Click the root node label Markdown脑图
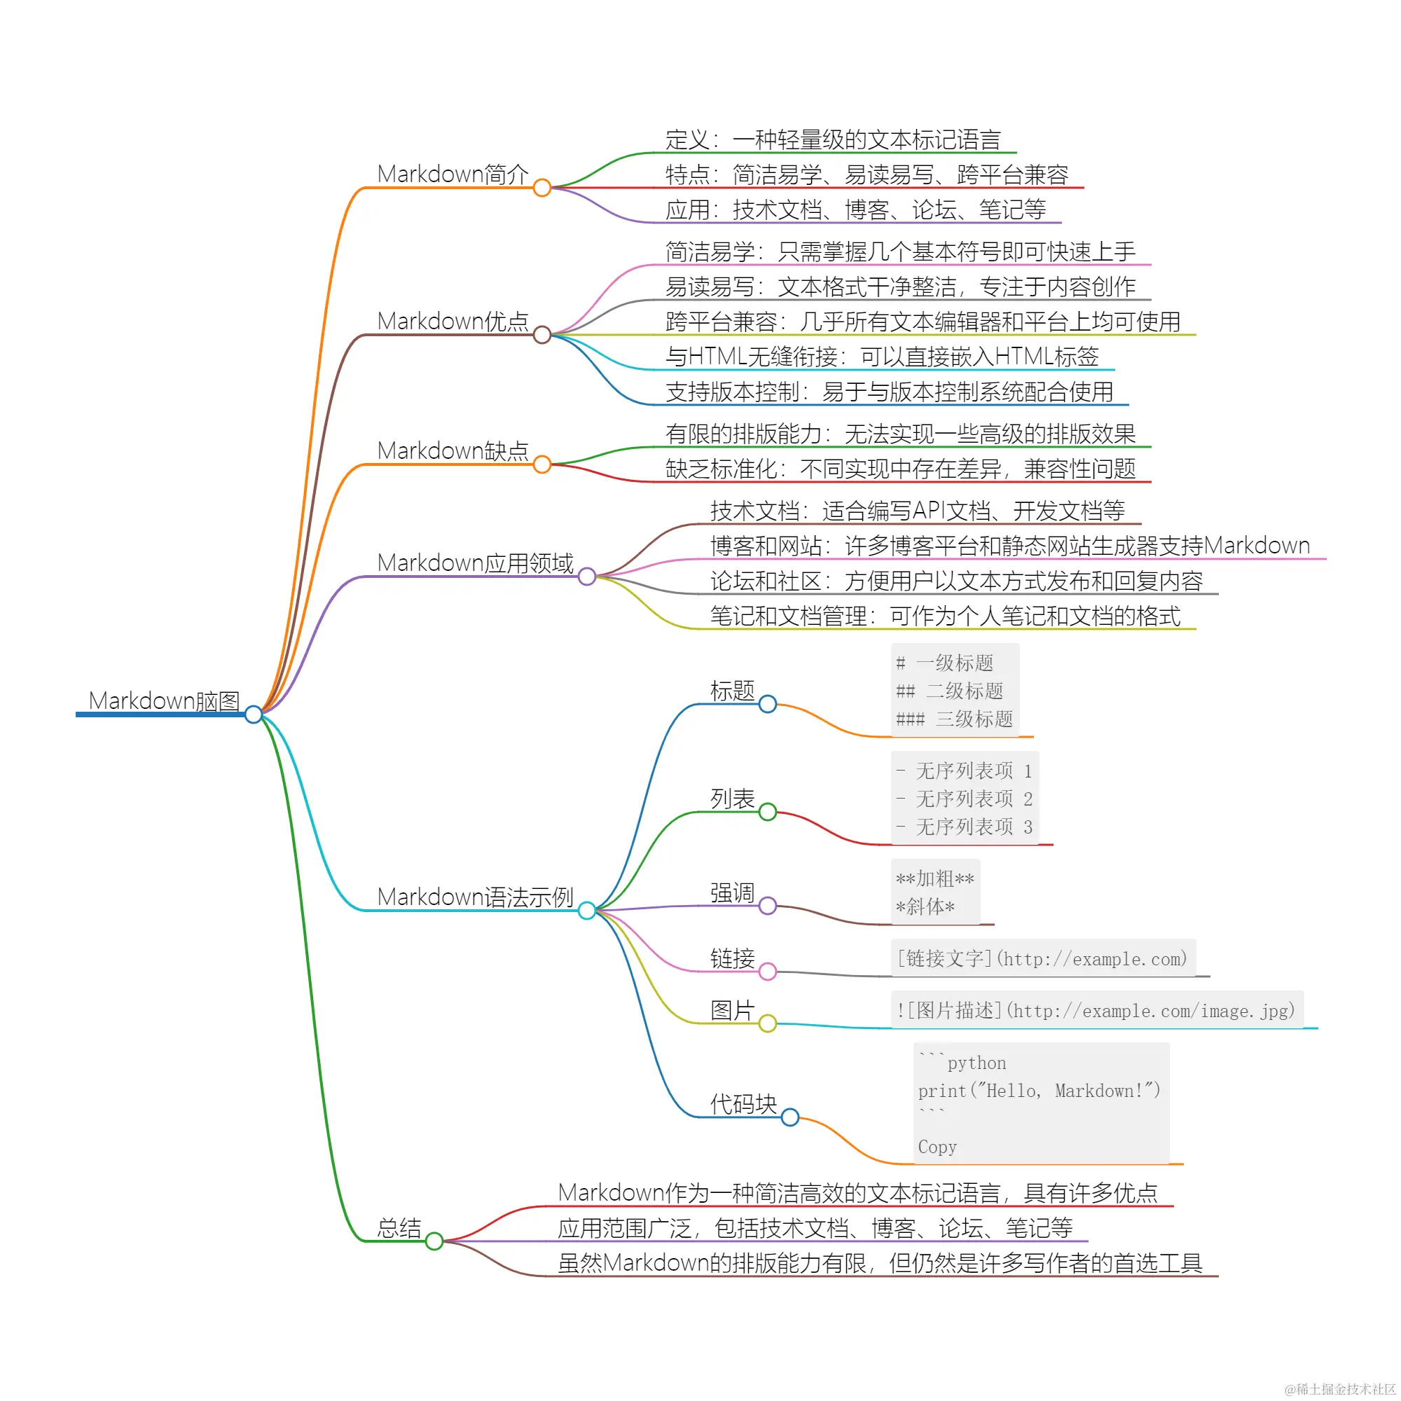pyautogui.click(x=164, y=700)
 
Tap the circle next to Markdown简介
pyautogui.click(x=541, y=188)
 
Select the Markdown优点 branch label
pyautogui.click(x=453, y=322)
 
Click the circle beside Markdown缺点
pyautogui.click(x=541, y=464)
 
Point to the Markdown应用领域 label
pyautogui.click(x=475, y=563)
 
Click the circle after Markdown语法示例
pyautogui.click(x=586, y=910)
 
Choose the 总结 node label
pyautogui.click(x=399, y=1228)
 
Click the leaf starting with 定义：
pyautogui.click(x=832, y=139)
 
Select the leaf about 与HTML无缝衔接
pyautogui.click(x=882, y=356)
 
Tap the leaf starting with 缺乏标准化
pyautogui.click(x=900, y=469)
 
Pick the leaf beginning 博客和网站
pyautogui.click(x=1009, y=545)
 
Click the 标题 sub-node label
pyautogui.click(x=732, y=691)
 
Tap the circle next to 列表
pyautogui.click(x=767, y=811)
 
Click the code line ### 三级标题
pyautogui.click(x=954, y=719)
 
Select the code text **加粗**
pyautogui.click(x=934, y=879)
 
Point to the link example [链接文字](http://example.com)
pyautogui.click(x=1042, y=959)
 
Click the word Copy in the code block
pyautogui.click(x=937, y=1147)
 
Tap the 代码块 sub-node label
pyautogui.click(x=743, y=1104)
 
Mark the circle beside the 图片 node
pyautogui.click(x=767, y=1023)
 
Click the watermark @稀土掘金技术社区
pyautogui.click(x=1340, y=1388)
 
